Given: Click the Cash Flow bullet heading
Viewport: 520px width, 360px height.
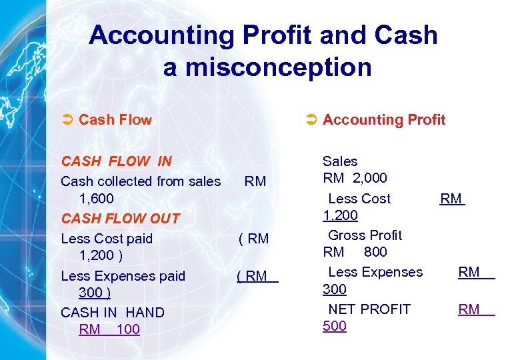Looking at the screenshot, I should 115,120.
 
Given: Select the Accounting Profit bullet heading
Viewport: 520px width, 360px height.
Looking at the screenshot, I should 383,120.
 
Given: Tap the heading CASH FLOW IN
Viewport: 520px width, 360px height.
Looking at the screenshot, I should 116,161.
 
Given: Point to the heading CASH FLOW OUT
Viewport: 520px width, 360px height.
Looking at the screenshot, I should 120,218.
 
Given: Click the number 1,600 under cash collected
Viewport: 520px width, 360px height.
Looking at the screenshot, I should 96,199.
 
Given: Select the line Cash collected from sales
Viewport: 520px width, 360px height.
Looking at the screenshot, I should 141,181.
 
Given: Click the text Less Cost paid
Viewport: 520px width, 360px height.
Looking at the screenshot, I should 107,239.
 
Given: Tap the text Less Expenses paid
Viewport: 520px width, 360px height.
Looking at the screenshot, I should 123,276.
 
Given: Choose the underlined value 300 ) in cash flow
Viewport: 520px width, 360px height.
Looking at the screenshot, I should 95,293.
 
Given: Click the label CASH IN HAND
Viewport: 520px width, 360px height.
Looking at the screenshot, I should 113,312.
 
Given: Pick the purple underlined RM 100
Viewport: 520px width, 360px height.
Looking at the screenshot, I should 109,329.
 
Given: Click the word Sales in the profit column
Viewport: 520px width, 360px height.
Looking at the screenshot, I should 340,161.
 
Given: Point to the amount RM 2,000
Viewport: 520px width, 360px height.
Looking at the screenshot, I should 355,178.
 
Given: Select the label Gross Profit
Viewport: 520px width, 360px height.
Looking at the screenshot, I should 365,235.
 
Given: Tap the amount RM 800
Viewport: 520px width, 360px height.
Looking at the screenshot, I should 355,252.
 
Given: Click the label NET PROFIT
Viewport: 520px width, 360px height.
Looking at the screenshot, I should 369,309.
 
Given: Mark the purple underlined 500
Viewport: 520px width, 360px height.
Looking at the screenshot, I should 335,326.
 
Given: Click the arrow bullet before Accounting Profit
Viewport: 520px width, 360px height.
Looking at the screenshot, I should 310,120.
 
